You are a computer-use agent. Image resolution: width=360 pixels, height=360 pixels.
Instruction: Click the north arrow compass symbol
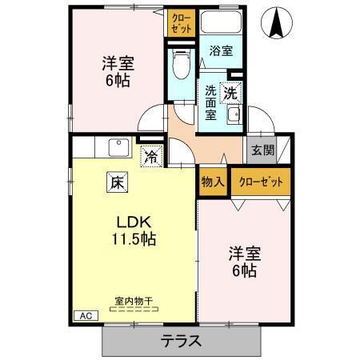coord(277,22)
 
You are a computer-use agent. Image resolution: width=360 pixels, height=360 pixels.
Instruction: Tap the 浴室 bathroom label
coord(221,50)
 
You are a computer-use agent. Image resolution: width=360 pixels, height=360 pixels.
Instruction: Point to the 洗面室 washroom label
coord(210,102)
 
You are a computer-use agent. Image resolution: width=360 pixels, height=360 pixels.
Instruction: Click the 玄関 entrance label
coord(262,150)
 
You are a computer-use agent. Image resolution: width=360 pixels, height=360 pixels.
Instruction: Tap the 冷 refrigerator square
coord(150,157)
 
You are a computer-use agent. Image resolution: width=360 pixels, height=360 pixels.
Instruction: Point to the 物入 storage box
coord(212,181)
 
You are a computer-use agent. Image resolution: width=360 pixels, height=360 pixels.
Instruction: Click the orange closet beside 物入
coord(261,181)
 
